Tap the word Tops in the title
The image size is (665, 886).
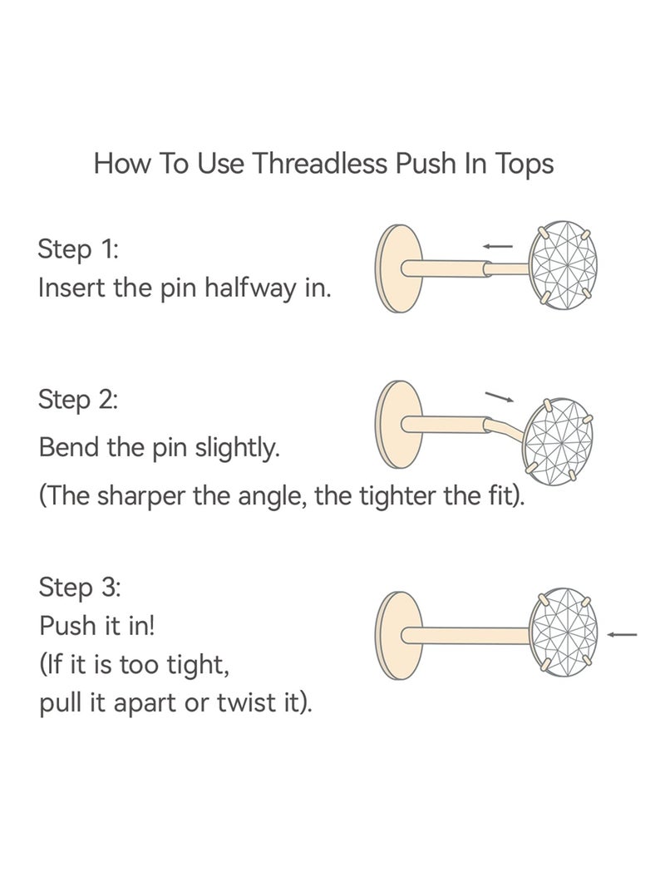pos(525,165)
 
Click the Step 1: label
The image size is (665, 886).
pos(78,249)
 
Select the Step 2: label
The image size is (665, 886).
pos(78,400)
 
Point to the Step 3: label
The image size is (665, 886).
pos(80,588)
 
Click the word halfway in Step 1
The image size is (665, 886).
pos(251,288)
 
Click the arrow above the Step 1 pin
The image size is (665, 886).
pos(498,246)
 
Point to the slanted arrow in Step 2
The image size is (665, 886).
pos(500,396)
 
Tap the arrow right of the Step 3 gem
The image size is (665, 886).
pos(622,634)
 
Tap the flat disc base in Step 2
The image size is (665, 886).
pos(398,424)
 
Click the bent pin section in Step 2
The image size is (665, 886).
pos(505,430)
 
